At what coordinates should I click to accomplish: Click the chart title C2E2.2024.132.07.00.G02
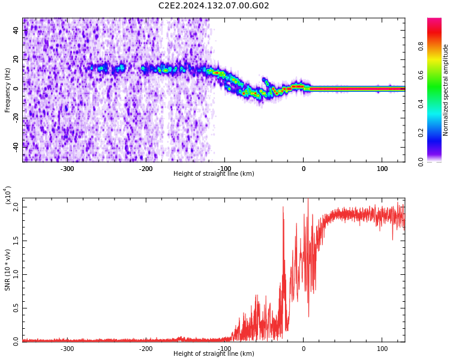[214, 6]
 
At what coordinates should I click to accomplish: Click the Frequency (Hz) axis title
[8, 89]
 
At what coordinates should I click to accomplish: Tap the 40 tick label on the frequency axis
[16, 30]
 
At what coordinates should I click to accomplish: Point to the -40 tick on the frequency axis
[15, 146]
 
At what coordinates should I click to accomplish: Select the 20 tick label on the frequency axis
[16, 59]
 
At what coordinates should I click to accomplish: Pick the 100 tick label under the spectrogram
[382, 169]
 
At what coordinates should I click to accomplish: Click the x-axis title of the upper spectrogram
[214, 174]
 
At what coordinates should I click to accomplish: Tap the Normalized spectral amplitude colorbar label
[446, 89]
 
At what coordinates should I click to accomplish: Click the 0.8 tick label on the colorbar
[437, 46]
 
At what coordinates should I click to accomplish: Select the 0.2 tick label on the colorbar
[437, 133]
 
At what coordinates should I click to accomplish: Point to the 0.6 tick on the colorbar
[437, 75]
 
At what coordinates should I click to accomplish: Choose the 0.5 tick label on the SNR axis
[16, 308]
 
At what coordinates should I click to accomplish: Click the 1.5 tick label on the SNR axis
[16, 241]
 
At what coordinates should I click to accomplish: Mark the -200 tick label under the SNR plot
[146, 349]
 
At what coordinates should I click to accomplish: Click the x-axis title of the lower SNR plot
[214, 354]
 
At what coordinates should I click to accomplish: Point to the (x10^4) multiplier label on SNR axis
[8, 195]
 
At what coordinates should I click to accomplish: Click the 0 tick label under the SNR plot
[303, 349]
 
